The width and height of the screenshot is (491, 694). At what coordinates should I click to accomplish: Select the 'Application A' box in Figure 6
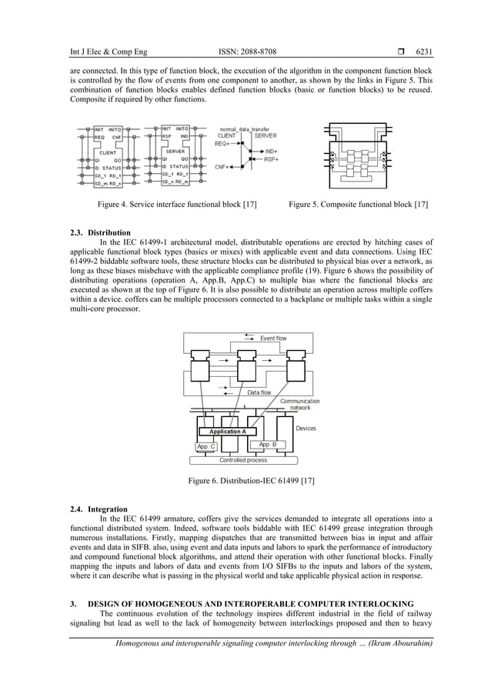pyautogui.click(x=227, y=432)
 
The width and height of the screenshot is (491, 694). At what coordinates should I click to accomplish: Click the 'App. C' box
pyautogui.click(x=206, y=446)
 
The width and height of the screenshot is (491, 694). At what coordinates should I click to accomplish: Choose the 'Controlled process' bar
pyautogui.click(x=243, y=460)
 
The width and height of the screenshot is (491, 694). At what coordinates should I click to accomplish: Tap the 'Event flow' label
pyautogui.click(x=273, y=338)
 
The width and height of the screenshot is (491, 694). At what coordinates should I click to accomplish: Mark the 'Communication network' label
pyautogui.click(x=300, y=405)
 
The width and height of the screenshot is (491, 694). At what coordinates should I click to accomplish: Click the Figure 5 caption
pyautogui.click(x=358, y=205)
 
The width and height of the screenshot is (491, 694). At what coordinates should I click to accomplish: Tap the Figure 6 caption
pyautogui.click(x=245, y=482)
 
